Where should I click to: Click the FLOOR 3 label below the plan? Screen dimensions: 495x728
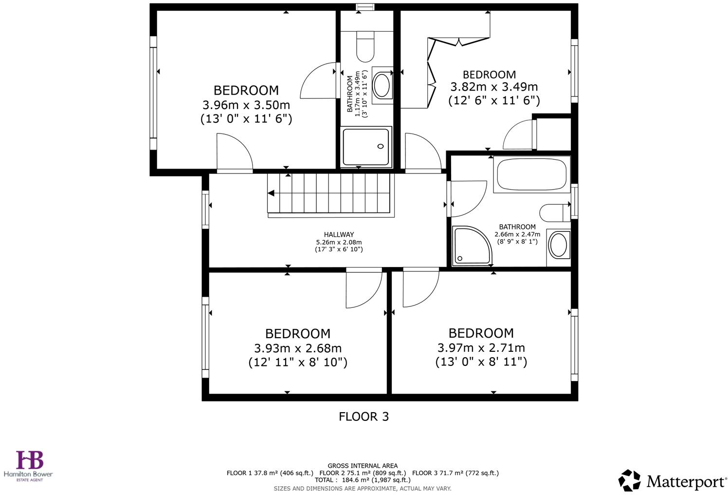pos(364,417)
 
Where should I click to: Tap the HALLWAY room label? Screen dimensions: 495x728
pos(339,234)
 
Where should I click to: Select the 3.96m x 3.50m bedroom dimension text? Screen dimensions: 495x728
pos(246,105)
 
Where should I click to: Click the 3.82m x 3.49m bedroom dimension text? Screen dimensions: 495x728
pos(493,87)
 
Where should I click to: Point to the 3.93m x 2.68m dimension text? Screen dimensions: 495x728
pos(297,348)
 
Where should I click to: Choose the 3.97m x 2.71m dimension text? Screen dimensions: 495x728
pos(481,348)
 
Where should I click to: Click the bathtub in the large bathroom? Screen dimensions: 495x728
pos(530,174)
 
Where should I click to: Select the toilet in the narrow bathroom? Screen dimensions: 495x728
pos(365,46)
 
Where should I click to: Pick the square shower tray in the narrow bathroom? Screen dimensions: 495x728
pos(366,147)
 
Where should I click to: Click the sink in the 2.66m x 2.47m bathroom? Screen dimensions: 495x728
pos(558,246)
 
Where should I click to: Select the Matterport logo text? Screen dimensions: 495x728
pos(686,482)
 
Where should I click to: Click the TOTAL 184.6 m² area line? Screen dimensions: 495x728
pos(363,480)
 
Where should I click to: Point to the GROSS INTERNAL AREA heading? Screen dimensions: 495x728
pos(363,466)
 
